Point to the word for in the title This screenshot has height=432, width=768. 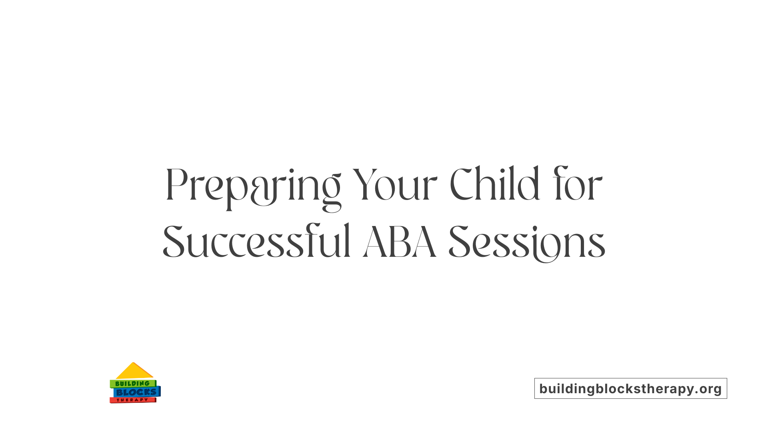tap(578, 185)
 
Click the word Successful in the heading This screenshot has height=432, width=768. tap(257, 242)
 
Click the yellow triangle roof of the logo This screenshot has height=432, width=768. tap(134, 372)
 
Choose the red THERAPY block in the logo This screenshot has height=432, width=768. tap(132, 400)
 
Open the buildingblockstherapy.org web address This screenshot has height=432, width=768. tap(630, 388)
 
